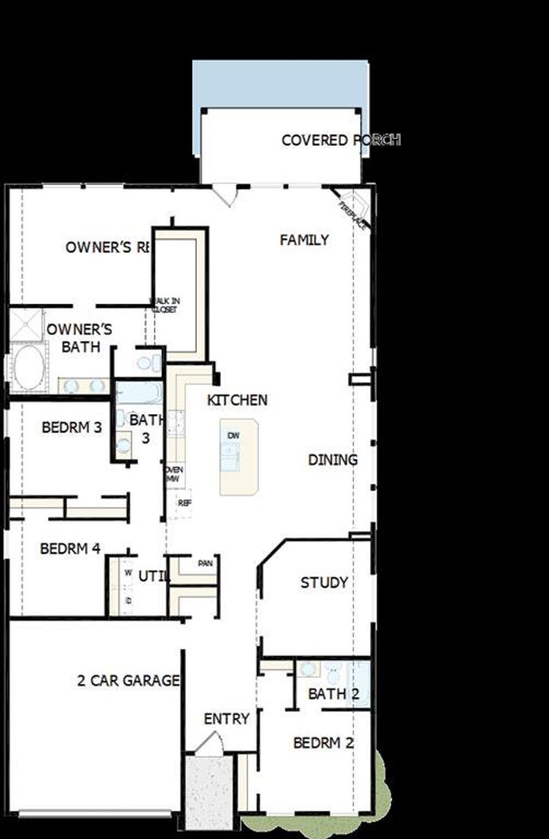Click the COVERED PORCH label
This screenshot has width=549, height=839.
(341, 140)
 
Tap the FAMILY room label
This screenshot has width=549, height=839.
(304, 240)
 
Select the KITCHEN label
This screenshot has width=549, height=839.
(237, 400)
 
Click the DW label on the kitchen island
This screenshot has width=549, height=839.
(234, 436)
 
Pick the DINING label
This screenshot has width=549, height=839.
(333, 460)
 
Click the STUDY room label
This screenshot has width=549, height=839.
(324, 583)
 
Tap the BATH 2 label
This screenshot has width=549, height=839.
(333, 693)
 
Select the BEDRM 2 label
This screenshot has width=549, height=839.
(323, 743)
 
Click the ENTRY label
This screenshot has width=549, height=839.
(226, 719)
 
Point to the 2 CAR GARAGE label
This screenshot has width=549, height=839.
(128, 681)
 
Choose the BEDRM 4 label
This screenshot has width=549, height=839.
(70, 548)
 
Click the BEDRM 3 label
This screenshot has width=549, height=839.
(72, 427)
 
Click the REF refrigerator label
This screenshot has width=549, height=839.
(184, 503)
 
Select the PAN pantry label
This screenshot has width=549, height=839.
(205, 563)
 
